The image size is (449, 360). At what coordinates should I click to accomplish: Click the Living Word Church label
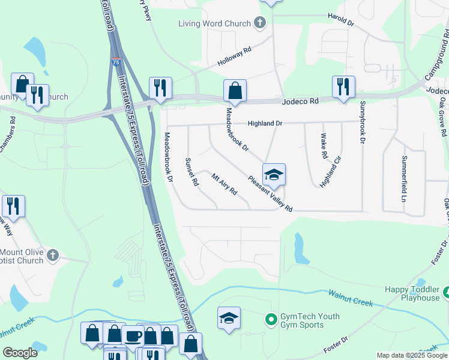coord(214,24)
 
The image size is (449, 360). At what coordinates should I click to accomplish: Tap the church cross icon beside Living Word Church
coord(260,24)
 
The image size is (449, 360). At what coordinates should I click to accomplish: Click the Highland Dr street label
coord(265,124)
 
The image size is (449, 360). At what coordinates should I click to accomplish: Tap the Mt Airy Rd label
coord(224,184)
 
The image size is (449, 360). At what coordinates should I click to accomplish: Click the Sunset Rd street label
coord(191,172)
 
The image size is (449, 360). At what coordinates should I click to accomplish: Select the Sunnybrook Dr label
coord(363,122)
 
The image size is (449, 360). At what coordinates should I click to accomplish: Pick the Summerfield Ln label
coord(404,178)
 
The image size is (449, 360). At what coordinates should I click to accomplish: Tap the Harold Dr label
coord(340,20)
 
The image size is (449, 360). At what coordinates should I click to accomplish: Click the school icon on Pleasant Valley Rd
coord(274,174)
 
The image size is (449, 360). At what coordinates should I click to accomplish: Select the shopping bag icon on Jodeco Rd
coord(235,91)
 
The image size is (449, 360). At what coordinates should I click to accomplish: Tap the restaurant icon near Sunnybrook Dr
coord(343,86)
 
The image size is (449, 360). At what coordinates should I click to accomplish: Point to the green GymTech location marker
coord(270,318)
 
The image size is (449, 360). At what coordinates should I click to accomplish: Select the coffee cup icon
coord(133,335)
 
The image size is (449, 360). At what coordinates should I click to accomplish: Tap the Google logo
coord(20,353)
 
